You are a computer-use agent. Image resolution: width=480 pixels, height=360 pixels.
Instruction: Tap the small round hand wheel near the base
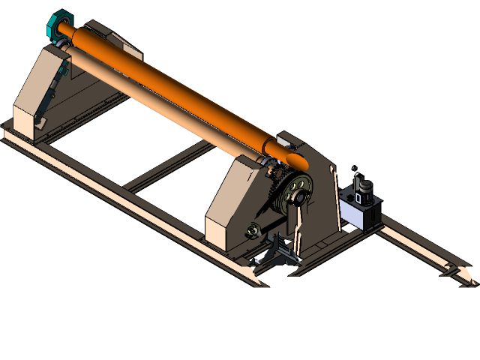pos(254,229)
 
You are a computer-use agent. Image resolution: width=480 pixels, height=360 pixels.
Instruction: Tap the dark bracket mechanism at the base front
pos(280,252)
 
